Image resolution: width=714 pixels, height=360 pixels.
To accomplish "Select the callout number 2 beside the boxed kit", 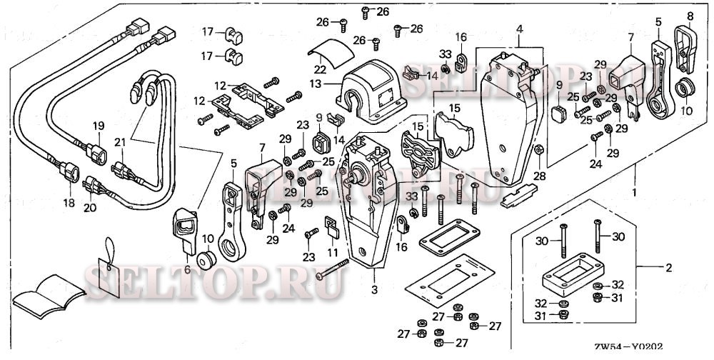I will [668, 268].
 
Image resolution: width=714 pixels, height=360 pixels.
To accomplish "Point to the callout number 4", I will [520, 29].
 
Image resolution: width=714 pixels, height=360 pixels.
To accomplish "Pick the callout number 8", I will [690, 16].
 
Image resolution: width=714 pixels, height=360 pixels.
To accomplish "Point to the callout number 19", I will [99, 126].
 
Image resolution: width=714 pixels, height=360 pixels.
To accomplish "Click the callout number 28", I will [539, 176].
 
